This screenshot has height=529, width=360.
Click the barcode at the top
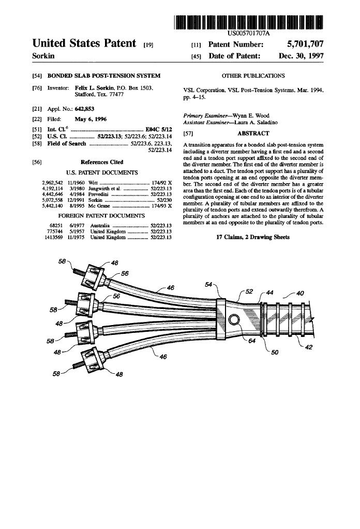[x=249, y=22]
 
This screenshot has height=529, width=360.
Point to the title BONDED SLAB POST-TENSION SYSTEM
[x=104, y=76]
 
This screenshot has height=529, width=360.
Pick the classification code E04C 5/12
[x=159, y=128]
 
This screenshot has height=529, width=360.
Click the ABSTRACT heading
[x=253, y=134]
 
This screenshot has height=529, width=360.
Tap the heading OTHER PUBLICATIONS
[x=253, y=76]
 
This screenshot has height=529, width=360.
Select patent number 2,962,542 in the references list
[x=52, y=183]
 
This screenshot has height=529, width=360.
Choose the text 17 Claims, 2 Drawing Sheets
[x=253, y=237]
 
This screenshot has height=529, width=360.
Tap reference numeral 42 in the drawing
[x=308, y=348]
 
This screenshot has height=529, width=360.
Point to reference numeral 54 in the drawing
[x=209, y=284]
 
